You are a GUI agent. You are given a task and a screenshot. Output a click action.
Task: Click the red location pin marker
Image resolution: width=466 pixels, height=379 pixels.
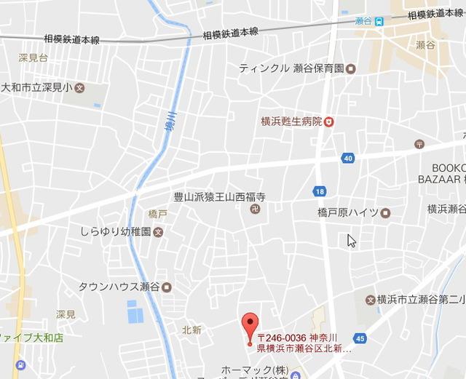[250, 326]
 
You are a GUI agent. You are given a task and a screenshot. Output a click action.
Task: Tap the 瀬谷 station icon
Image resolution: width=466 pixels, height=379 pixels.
[380, 21]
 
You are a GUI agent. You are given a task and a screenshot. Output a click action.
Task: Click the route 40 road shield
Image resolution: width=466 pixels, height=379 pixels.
[349, 158]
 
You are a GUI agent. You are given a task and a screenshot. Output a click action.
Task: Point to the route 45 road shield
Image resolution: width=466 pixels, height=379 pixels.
[360, 338]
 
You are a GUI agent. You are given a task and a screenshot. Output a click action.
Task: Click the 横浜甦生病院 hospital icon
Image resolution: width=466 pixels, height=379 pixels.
[329, 121]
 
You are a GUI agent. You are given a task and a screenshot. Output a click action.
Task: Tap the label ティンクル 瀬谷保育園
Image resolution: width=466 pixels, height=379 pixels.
[291, 68]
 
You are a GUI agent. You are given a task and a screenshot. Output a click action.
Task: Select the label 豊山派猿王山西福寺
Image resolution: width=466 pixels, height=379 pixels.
[218, 197]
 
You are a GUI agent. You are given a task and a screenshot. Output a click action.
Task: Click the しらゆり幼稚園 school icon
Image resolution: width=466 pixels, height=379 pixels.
[159, 233]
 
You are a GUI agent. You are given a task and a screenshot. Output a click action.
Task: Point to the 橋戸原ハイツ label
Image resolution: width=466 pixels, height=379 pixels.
[348, 212]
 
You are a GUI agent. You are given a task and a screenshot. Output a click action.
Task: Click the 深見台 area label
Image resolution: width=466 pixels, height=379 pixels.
[33, 56]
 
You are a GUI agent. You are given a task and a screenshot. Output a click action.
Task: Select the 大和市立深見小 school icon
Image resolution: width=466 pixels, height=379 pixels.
[80, 89]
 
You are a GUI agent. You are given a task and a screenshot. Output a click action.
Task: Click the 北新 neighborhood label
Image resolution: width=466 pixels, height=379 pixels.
[191, 330]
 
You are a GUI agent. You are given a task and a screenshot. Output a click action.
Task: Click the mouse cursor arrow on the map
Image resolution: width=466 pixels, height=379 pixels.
[351, 240]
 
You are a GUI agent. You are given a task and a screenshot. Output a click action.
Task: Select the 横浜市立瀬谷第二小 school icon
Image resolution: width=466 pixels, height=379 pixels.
[369, 299]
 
